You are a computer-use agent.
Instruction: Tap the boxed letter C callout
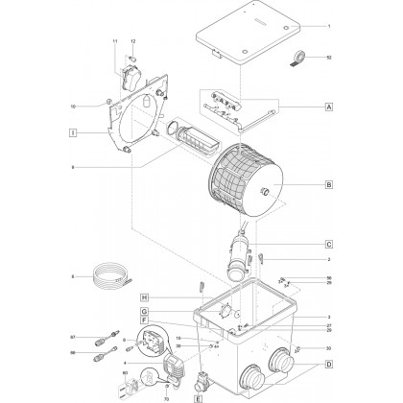pyautogui.click(x=328, y=245)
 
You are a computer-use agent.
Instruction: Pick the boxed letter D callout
pyautogui.click(x=328, y=365)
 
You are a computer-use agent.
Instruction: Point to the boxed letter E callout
pyautogui.click(x=199, y=396)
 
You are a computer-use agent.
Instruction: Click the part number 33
pyautogui.click(x=328, y=348)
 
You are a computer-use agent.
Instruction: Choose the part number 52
pyautogui.click(x=328, y=59)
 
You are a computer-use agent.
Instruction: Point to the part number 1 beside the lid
pyautogui.click(x=328, y=26)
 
